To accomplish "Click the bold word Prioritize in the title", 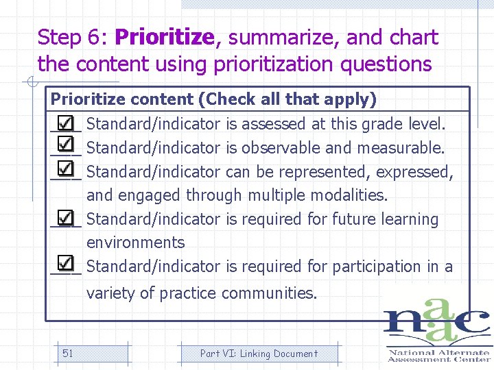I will click(165, 37).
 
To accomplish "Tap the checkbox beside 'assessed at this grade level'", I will click(65, 123).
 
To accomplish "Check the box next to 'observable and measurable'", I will click(65, 146).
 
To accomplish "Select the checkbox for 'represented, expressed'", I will click(65, 170).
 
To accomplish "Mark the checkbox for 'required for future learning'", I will click(65, 218).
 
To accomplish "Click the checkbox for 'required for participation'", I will click(65, 264).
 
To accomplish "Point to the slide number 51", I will click(68, 354).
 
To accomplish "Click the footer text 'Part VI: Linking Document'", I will click(259, 354).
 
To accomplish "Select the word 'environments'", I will click(135, 243).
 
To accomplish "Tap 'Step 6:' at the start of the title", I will click(73, 37).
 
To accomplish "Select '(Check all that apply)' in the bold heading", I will click(287, 99).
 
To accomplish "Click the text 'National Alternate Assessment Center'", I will click(439, 355).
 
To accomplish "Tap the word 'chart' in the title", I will click(413, 37).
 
